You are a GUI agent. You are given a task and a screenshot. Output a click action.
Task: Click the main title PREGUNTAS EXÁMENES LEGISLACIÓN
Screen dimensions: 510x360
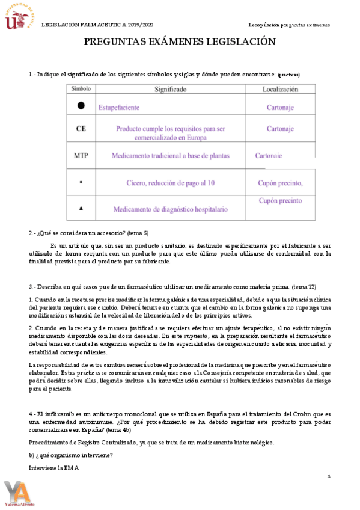[x=179, y=41]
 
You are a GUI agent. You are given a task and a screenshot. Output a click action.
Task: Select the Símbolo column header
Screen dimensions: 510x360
[x=81, y=88]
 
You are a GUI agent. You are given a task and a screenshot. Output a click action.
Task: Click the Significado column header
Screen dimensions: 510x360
[x=170, y=89]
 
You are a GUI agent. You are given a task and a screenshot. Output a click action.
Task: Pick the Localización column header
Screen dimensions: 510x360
[x=280, y=89]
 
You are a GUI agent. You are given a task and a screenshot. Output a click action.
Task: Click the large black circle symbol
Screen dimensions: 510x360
[x=81, y=106]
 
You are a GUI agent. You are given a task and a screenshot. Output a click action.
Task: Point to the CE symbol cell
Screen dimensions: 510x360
[x=81, y=129]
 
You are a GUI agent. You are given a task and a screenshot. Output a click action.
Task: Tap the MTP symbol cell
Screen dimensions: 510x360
[x=81, y=155]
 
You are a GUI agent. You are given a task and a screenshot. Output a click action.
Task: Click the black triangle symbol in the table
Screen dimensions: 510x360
[x=81, y=208]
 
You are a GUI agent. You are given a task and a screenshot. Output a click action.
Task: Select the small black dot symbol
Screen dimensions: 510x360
[x=81, y=182]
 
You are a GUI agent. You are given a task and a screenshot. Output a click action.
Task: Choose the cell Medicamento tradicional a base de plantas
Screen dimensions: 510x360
[x=170, y=155]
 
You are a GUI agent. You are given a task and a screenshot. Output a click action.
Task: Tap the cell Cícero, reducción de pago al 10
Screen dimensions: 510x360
[x=170, y=183]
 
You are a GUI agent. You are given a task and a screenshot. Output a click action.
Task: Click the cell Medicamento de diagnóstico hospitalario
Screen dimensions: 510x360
[x=170, y=209]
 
